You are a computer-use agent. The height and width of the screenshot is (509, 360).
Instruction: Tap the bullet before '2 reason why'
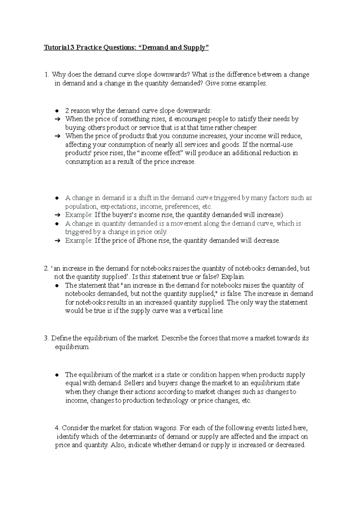click(57, 111)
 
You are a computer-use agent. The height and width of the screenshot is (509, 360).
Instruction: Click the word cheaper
click(245, 128)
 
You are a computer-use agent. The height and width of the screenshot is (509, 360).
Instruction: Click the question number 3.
click(46, 338)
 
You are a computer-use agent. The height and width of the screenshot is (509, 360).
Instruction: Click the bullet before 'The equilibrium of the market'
click(57, 375)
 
